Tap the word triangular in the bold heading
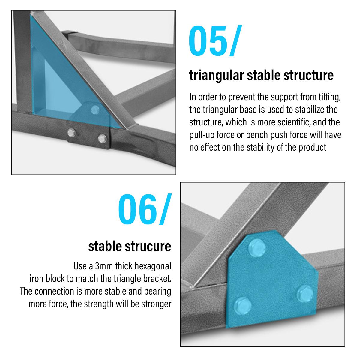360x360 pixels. [217, 76]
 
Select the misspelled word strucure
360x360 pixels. [148, 247]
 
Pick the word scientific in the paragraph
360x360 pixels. [294, 122]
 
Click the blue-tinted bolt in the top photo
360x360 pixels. [95, 110]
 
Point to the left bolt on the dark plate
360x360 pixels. [71, 133]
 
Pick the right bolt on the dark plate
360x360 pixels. [102, 138]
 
